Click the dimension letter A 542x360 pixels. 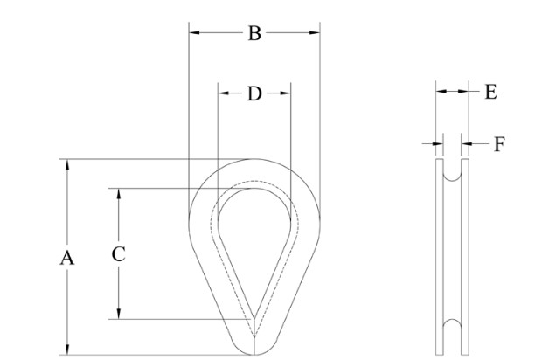(x=67, y=258)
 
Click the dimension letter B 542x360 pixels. (x=254, y=34)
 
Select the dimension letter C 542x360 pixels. (x=119, y=254)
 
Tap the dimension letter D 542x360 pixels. (x=254, y=93)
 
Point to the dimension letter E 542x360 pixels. (x=491, y=93)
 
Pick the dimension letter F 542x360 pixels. (x=499, y=144)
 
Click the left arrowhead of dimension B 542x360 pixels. (x=194, y=33)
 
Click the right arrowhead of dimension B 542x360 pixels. (x=315, y=33)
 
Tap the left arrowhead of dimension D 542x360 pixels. (x=223, y=93)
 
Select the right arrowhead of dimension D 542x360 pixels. (x=286, y=93)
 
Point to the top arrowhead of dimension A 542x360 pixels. (x=67, y=164)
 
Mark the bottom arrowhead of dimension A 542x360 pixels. (x=67, y=350)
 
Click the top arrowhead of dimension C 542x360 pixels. (x=119, y=194)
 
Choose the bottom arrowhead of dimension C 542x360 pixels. (x=119, y=314)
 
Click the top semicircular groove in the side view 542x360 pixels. (x=452, y=174)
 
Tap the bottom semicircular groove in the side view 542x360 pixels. (x=452, y=327)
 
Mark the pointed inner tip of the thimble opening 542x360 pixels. (x=254, y=317)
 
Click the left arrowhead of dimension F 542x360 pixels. (x=438, y=143)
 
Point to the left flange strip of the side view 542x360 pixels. (x=440, y=257)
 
